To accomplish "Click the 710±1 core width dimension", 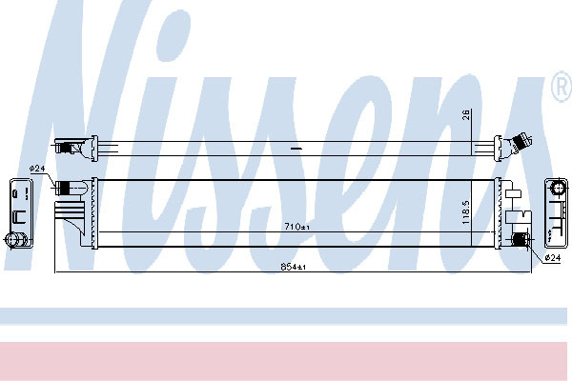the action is (x=296, y=227).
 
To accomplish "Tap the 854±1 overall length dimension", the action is (x=293, y=267).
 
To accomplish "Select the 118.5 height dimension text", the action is (x=466, y=211).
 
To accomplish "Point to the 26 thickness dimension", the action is (x=466, y=114).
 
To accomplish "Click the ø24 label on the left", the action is (x=37, y=169).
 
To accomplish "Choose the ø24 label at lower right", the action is (x=552, y=258).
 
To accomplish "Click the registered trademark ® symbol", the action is (x=562, y=87).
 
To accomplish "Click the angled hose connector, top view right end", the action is (x=520, y=143).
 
